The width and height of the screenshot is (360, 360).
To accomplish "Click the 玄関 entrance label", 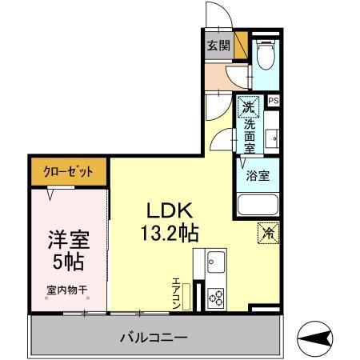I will tap(219, 46).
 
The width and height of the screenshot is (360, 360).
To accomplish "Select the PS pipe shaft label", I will tap(274, 101).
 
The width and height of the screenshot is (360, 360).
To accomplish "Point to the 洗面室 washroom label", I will tap(250, 133).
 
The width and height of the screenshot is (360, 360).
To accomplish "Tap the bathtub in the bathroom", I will tap(258, 206).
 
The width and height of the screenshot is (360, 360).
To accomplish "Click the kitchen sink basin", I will tap(216, 262).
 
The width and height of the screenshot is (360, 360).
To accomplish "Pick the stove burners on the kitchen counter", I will tap(216, 298).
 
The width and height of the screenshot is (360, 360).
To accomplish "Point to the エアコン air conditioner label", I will tap(176, 293).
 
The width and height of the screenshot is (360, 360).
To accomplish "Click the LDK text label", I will tap(166, 210).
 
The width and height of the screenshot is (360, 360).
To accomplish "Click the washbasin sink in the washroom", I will tap(273, 138).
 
